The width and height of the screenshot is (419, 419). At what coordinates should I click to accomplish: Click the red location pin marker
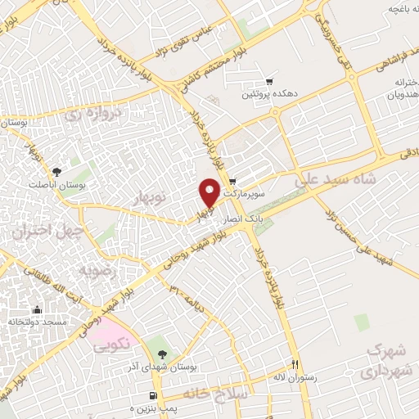[x=209, y=193]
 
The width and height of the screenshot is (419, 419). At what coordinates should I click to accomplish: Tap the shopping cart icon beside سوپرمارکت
[x=232, y=182]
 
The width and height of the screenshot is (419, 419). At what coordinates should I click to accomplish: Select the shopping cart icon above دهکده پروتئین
[x=269, y=82]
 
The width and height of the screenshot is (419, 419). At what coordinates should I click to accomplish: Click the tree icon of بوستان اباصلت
[x=56, y=172]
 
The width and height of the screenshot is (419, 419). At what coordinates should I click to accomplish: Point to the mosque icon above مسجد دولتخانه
[x=37, y=310]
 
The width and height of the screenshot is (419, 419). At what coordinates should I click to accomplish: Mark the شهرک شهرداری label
[x=386, y=360]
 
